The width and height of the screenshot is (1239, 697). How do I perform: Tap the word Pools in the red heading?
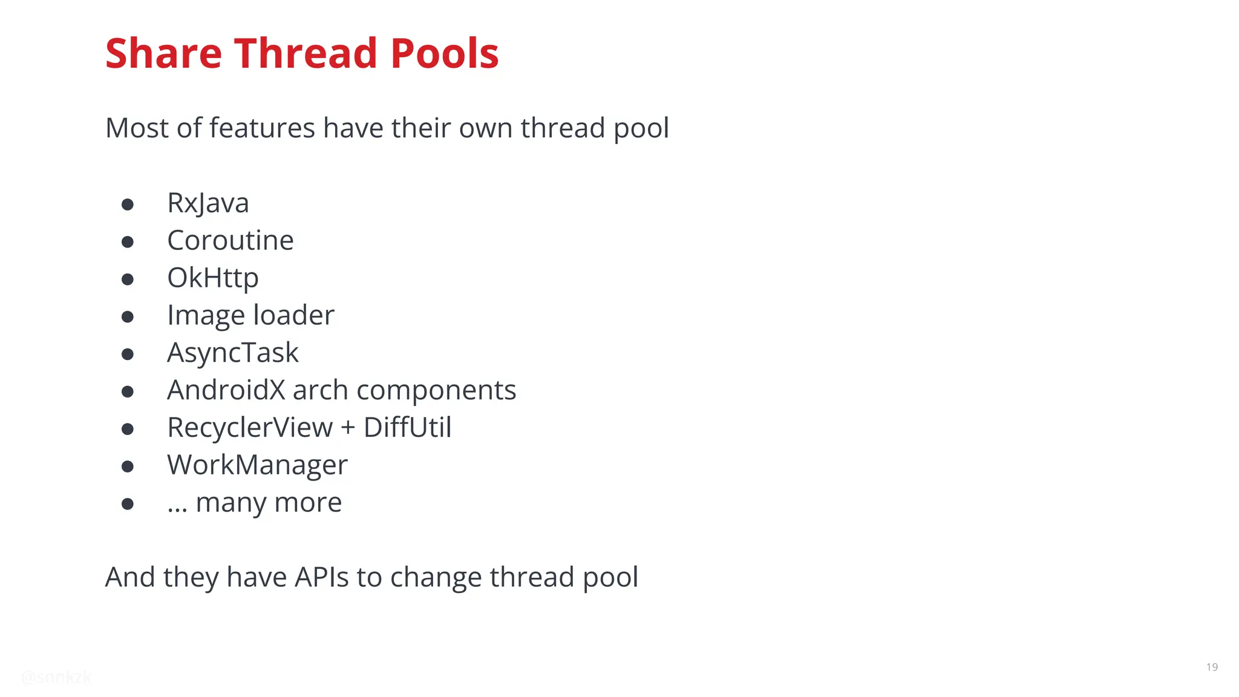[x=444, y=54]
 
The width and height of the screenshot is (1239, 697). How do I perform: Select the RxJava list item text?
[x=208, y=203]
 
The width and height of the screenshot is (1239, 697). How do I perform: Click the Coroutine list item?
[x=230, y=241]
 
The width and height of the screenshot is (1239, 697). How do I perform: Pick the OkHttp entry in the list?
[x=212, y=278]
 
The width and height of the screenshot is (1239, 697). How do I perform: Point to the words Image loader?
[x=250, y=316]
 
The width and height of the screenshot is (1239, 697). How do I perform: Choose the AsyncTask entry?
[x=232, y=353]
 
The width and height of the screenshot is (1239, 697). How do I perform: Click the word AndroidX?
[x=226, y=390]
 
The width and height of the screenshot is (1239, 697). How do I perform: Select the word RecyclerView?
[x=249, y=428]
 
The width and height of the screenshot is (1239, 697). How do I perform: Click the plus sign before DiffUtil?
[x=348, y=428]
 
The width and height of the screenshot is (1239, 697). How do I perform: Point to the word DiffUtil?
[x=407, y=428]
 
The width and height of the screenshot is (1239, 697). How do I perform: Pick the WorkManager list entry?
[x=257, y=465]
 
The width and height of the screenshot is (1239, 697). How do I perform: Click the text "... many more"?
[x=254, y=503]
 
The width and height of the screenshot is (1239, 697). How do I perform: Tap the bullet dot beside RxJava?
[x=127, y=205]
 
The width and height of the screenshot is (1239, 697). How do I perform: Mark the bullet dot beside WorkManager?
[x=127, y=466]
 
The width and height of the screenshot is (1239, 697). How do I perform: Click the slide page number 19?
[x=1212, y=667]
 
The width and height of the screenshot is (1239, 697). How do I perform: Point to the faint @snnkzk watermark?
[x=56, y=677]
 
